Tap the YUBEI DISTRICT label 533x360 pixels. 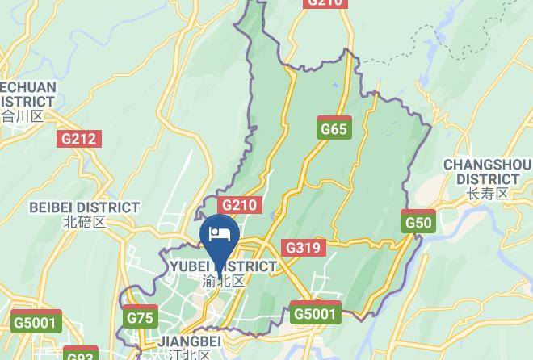223,266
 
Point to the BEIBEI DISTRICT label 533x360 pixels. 84,207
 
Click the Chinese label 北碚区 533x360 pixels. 84,222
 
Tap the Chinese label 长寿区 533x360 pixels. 487,194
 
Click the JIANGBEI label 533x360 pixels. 190,341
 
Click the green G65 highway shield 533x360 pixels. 334,128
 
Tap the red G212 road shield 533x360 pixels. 79,139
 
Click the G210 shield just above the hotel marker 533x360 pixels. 239,205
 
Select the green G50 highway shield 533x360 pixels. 419,222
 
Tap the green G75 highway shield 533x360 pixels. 140,318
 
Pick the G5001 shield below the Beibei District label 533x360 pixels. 37,322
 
